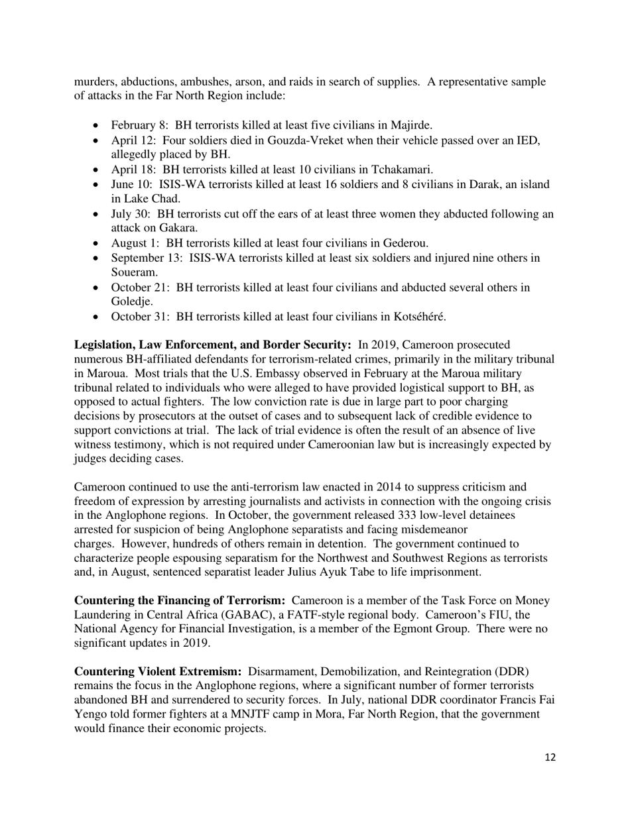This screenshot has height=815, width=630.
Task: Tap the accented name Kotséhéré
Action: click(416, 316)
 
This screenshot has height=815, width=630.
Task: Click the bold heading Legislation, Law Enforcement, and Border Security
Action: click(213, 345)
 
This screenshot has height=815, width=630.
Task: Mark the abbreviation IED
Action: click(530, 140)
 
